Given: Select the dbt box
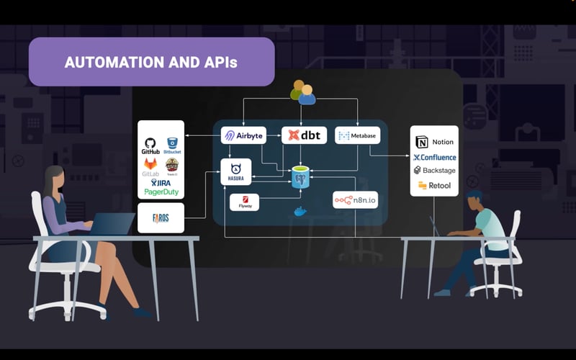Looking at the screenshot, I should point(304,135).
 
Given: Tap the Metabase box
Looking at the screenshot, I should point(357,135).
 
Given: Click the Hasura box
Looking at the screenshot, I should point(235,171).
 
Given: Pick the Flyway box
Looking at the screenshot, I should point(244,202).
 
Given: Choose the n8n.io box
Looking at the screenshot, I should point(355,199).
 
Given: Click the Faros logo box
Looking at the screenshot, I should point(161,217).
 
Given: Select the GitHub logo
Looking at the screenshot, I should point(150,146).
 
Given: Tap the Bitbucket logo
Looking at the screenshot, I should point(172,146).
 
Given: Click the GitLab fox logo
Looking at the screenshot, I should point(150,166).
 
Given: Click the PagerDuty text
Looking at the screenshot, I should point(161,193).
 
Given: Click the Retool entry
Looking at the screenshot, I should point(434,186).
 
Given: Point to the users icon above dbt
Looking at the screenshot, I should point(302,92).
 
